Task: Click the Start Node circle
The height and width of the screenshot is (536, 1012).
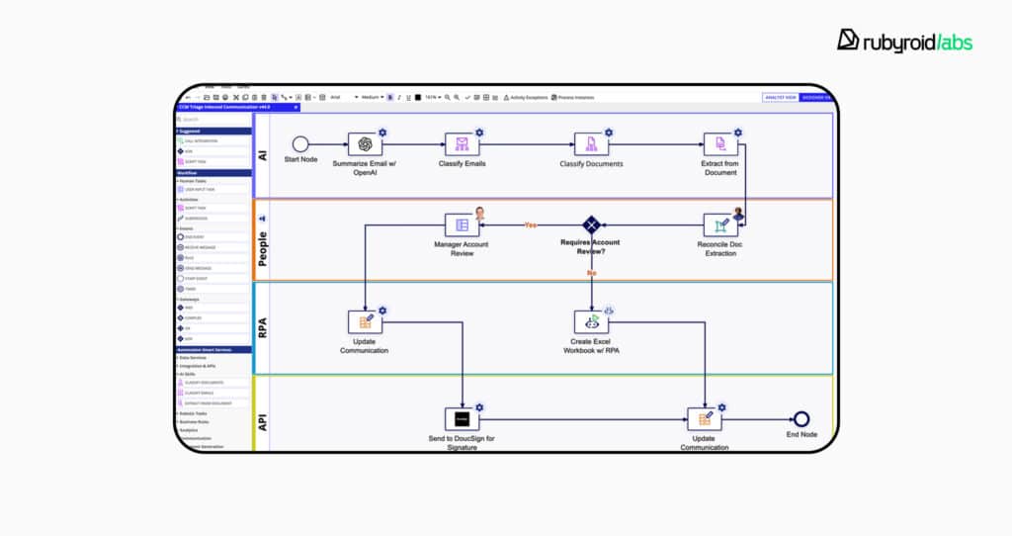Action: click(x=300, y=144)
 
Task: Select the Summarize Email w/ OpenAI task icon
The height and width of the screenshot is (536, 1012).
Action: click(x=365, y=144)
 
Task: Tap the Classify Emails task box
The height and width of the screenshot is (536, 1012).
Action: click(x=462, y=144)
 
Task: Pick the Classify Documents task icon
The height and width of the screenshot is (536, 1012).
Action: click(x=591, y=144)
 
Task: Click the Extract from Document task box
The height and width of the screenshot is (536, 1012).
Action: click(x=720, y=144)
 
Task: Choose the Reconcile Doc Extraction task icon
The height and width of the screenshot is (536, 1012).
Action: click(x=720, y=225)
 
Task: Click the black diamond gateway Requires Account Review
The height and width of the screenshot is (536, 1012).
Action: click(x=591, y=224)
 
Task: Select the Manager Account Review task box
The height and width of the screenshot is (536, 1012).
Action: click(x=462, y=224)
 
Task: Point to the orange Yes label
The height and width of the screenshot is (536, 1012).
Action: click(x=531, y=224)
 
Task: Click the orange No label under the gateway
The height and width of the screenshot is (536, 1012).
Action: click(x=592, y=272)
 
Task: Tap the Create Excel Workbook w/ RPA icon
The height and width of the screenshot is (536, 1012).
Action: click(x=591, y=321)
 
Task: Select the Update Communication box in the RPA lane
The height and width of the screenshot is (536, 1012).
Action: click(x=365, y=321)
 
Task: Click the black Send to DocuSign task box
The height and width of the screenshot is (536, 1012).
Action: click(x=462, y=419)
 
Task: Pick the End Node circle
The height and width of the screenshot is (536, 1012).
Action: click(x=801, y=419)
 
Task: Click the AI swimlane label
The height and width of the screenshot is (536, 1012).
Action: click(x=263, y=155)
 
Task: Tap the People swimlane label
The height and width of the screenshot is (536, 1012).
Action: click(x=263, y=242)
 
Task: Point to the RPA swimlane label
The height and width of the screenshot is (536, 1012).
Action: click(x=263, y=326)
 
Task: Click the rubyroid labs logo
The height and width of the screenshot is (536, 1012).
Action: click(x=904, y=41)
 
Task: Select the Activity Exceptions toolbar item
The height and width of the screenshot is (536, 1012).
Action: click(x=526, y=97)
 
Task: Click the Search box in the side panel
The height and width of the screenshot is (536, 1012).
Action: click(x=212, y=120)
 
